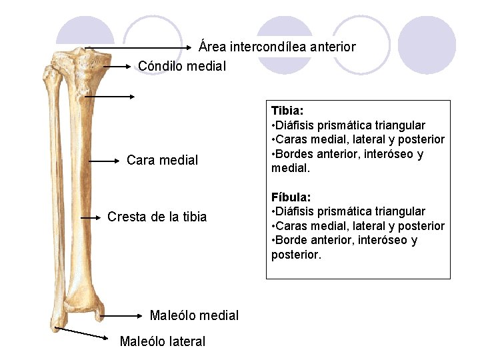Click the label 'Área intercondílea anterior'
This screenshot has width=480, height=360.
click(277, 47)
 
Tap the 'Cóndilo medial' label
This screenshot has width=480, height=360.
click(182, 66)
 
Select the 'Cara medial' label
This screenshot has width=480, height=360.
click(162, 160)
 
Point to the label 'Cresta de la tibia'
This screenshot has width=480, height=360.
click(157, 217)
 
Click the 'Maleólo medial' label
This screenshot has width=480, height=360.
click(194, 315)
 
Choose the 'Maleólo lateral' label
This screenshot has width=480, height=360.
click(162, 341)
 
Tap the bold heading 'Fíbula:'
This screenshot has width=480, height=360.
click(291, 197)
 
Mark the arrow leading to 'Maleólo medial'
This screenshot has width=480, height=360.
click(120, 315)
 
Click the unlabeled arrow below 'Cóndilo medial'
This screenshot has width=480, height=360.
click(109, 96)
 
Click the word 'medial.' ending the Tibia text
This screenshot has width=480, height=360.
click(291, 169)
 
